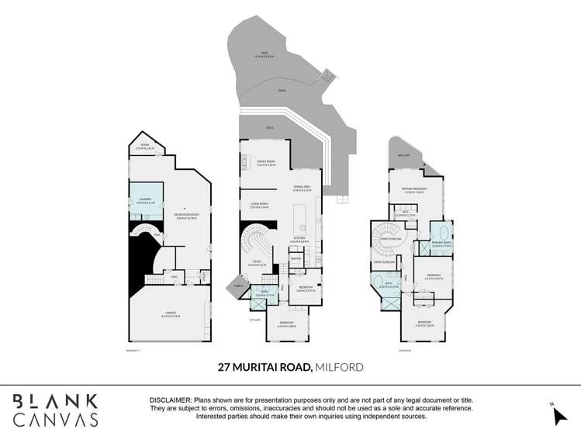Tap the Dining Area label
[303, 189]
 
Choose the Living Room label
[260, 206]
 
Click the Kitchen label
[299, 240]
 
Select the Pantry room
[306, 259]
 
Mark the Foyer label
[251, 264]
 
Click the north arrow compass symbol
[559, 414]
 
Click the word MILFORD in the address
[338, 367]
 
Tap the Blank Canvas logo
[55, 410]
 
